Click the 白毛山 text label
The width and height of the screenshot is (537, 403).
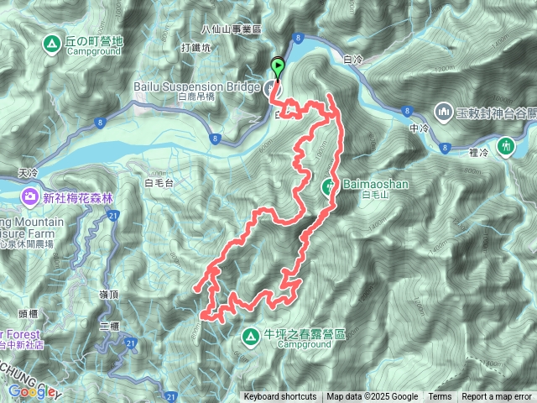click(x=371, y=196)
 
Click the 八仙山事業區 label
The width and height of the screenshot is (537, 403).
click(x=232, y=27)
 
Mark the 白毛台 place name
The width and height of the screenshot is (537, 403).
click(x=159, y=181)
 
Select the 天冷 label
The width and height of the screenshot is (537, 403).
click(x=28, y=171)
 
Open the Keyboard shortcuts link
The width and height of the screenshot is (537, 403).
click(x=280, y=397)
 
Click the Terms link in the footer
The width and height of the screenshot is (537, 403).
click(x=440, y=397)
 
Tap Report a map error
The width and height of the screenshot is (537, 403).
click(x=497, y=397)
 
